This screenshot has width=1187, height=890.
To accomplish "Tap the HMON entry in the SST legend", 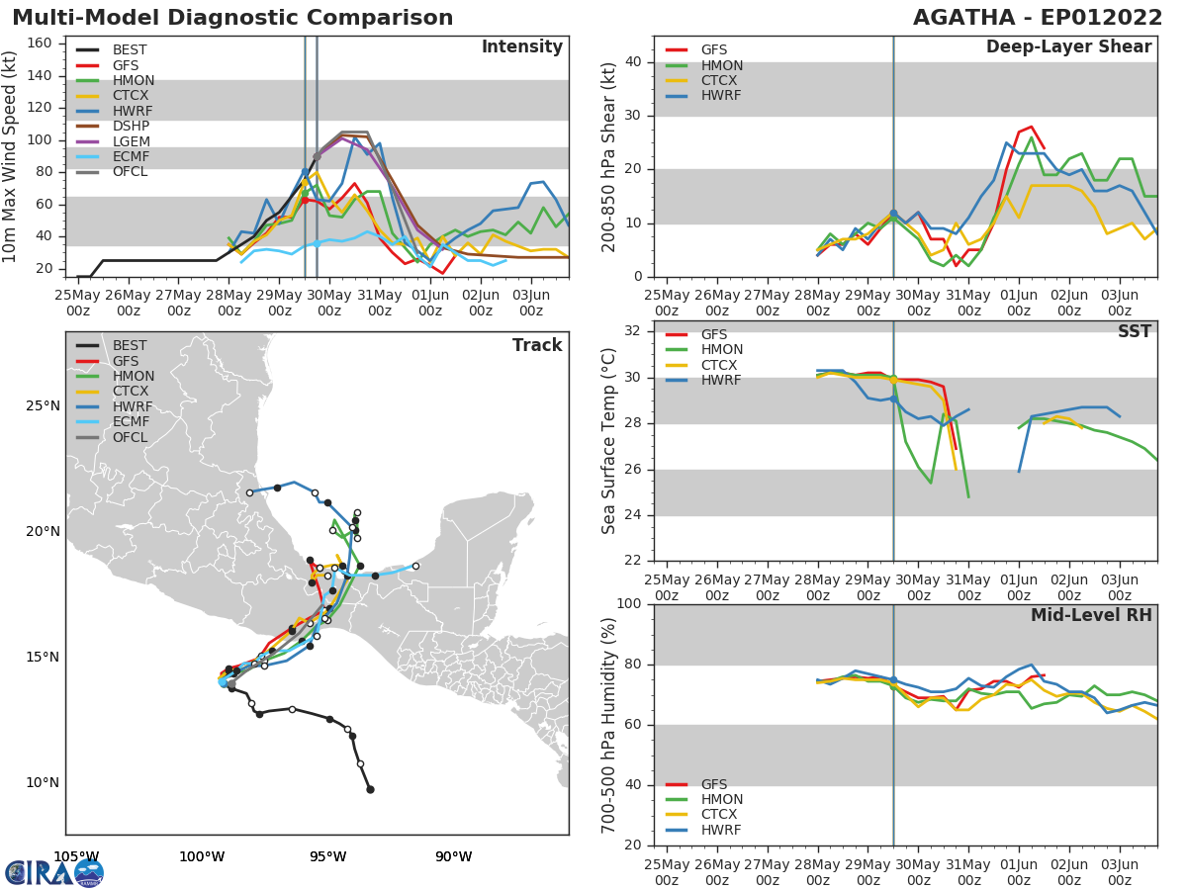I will [722, 350].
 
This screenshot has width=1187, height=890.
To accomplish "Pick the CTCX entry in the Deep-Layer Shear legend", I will [722, 81].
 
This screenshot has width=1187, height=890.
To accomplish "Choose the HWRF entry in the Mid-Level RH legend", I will [720, 830].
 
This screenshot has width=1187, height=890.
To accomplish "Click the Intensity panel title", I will [521, 47].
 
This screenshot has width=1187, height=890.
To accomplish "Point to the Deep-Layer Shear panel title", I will [1068, 47].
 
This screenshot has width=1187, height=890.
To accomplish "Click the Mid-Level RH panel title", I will [1091, 615].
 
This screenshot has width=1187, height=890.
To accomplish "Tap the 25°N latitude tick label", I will [43, 406].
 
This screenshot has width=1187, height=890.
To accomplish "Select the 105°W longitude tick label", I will [76, 856].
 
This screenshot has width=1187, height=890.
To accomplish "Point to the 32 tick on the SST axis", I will [633, 331].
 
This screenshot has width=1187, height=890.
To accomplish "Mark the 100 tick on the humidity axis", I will [629, 604].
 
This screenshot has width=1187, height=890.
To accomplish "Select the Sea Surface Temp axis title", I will [609, 440].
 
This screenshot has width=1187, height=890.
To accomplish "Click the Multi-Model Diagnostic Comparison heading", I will [232, 18].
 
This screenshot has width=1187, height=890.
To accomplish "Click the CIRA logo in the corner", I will [54, 872].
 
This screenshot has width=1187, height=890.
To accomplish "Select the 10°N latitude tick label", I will [43, 783].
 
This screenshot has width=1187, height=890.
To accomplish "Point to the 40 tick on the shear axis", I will [633, 62].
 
